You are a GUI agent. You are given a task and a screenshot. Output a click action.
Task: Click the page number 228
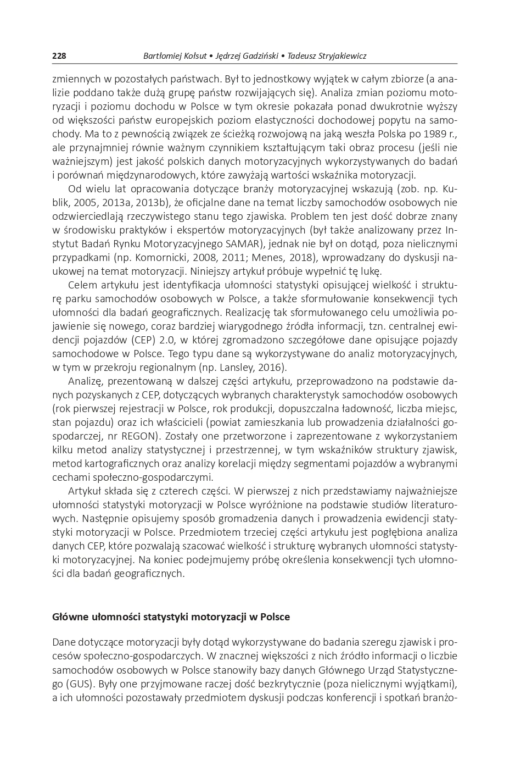(x=59, y=56)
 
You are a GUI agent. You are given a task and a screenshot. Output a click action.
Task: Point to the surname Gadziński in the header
(x=257, y=56)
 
